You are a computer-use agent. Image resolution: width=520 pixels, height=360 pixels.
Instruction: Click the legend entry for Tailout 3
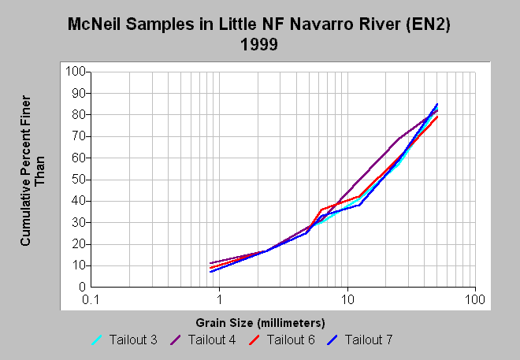click(x=124, y=340)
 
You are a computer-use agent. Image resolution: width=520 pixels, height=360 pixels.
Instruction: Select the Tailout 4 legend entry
click(x=202, y=340)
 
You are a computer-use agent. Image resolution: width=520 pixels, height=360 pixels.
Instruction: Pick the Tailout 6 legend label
click(x=281, y=340)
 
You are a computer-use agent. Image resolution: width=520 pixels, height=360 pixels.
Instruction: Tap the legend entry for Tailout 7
click(x=359, y=340)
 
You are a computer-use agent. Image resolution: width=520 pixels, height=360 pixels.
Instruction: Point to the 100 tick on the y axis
click(x=76, y=71)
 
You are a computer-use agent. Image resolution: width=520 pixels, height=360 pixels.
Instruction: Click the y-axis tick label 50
click(x=79, y=180)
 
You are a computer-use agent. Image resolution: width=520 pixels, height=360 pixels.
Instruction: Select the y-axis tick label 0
click(x=82, y=287)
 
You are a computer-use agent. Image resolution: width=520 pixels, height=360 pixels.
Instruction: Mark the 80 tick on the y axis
click(x=79, y=115)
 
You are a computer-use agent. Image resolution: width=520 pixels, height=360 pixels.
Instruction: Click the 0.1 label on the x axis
click(x=91, y=299)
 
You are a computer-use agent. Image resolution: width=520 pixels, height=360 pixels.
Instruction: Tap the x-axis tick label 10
click(x=347, y=299)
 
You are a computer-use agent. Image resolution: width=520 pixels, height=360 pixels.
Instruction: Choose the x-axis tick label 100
click(x=475, y=299)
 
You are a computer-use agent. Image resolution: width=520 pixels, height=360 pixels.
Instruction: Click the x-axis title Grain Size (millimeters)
click(x=260, y=323)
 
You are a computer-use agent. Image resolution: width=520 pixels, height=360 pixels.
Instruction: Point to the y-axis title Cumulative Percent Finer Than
click(x=32, y=171)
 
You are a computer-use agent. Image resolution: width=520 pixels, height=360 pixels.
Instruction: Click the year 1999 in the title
click(x=259, y=44)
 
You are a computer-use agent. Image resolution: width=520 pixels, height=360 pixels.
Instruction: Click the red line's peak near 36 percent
click(x=322, y=210)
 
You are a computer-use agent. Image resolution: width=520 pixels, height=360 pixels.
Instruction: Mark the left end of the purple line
click(x=210, y=263)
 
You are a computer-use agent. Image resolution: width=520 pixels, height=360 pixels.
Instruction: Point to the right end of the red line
click(x=437, y=117)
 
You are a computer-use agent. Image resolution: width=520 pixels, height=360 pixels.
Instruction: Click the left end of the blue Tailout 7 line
click(x=210, y=272)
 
